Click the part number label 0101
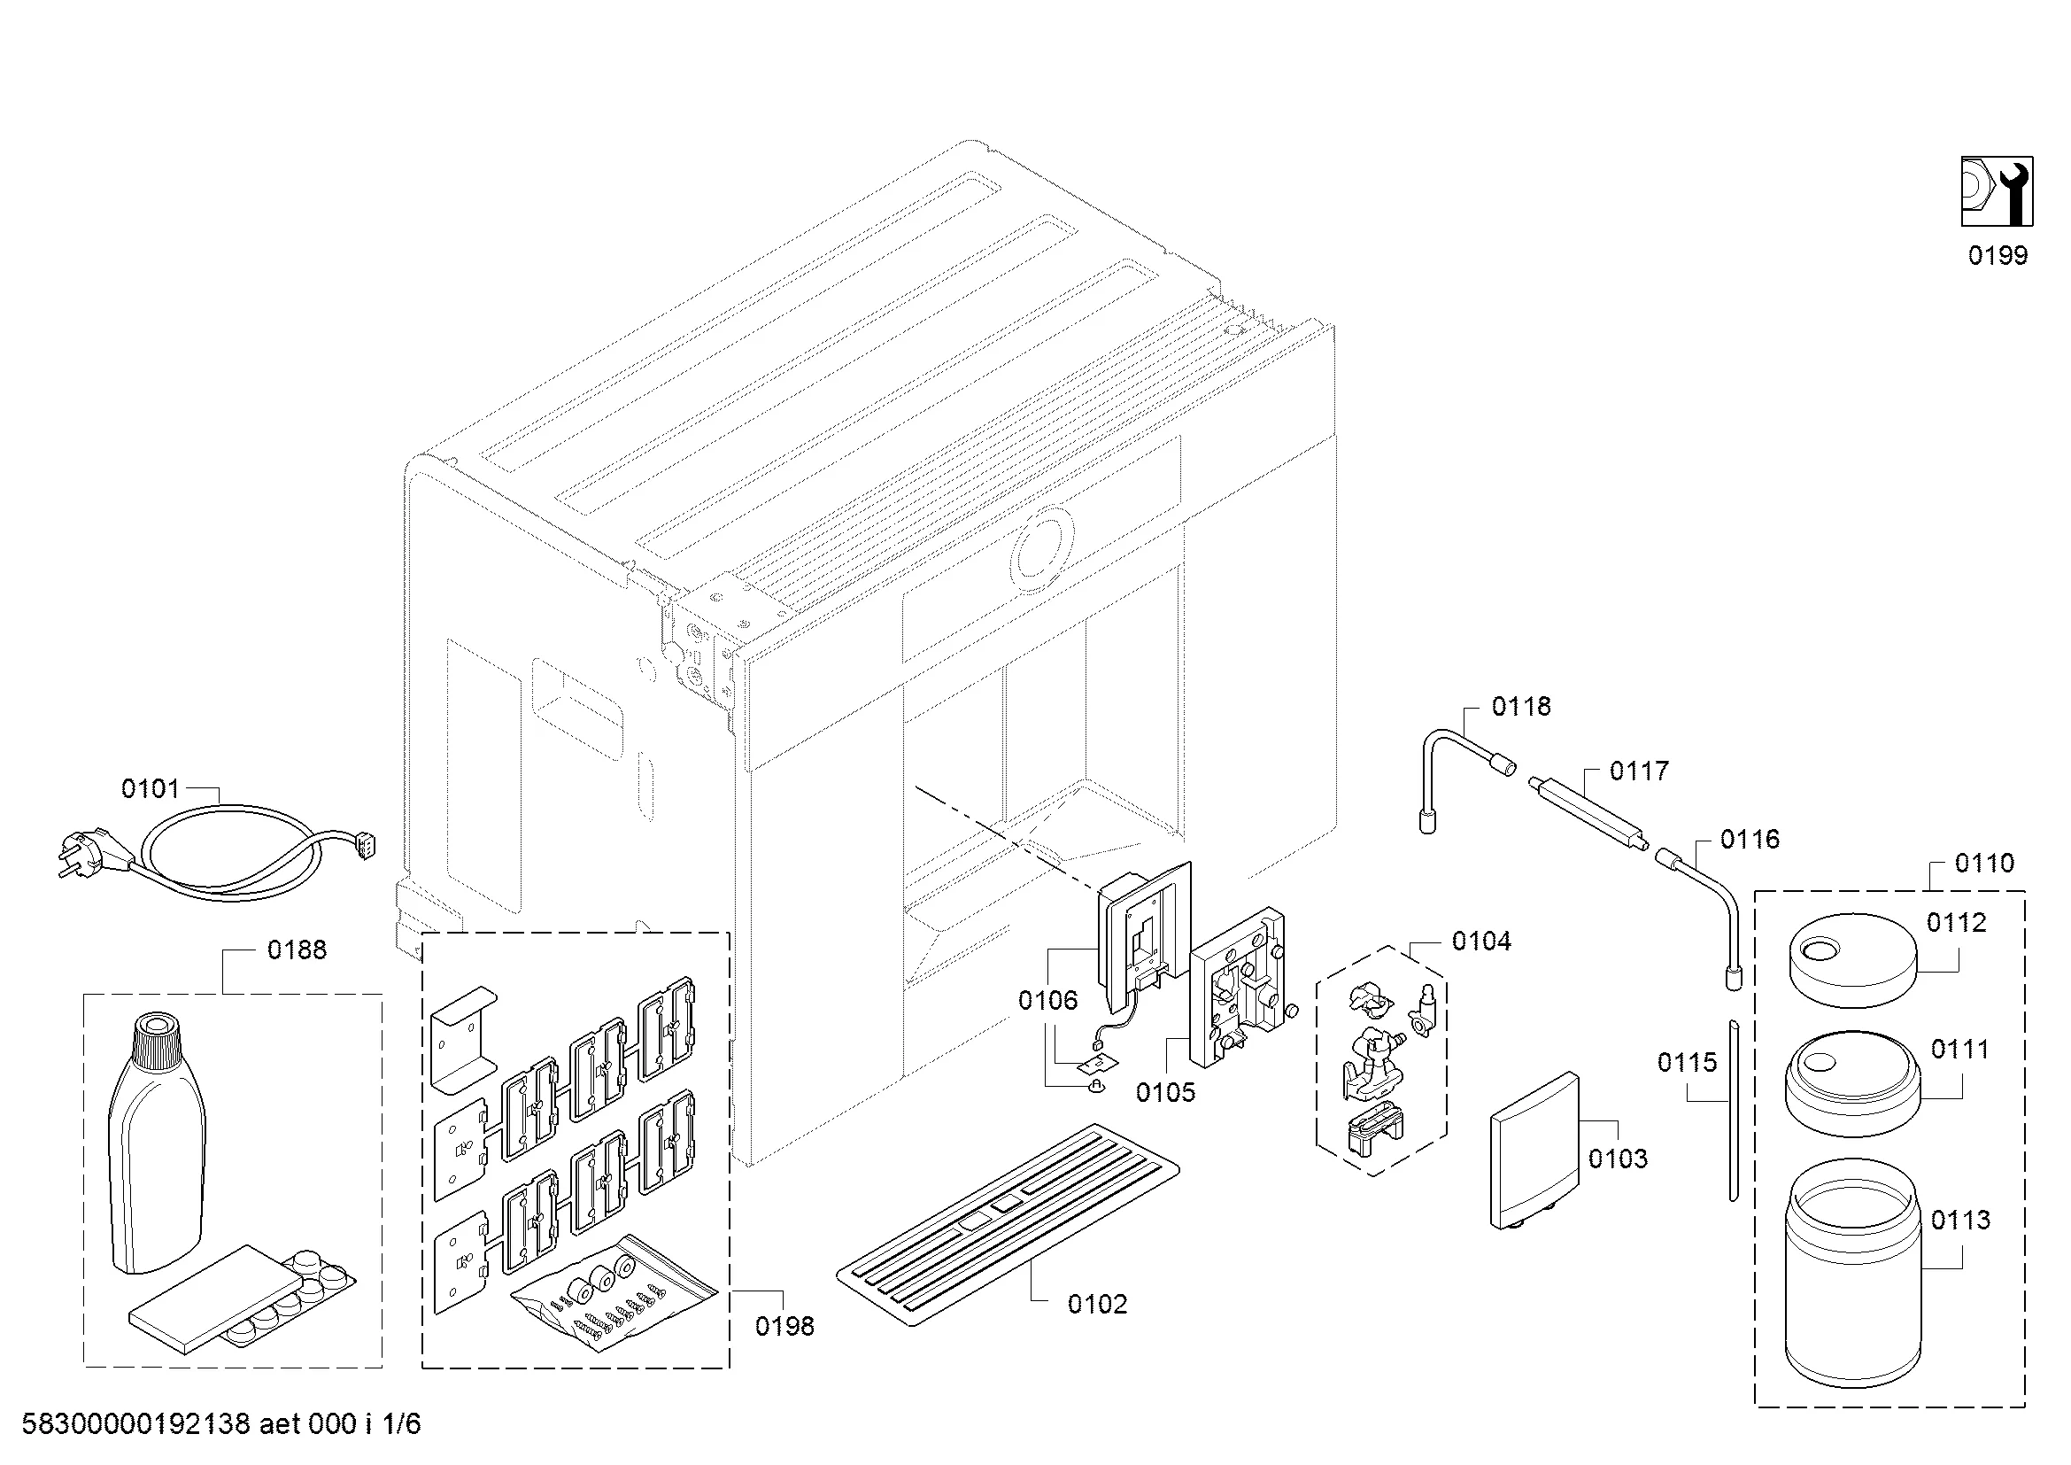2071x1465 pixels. click(x=150, y=789)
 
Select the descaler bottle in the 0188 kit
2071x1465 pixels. click(x=155, y=1145)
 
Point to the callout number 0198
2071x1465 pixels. click(x=784, y=1326)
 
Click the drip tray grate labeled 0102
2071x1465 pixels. click(x=1007, y=1223)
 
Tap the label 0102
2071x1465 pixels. click(x=1097, y=1305)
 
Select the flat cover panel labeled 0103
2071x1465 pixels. click(x=1534, y=1151)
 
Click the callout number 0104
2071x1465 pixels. click(x=1481, y=942)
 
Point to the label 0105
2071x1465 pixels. click(x=1165, y=1092)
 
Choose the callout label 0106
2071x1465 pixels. click(x=1047, y=999)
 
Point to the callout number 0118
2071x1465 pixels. click(x=1521, y=706)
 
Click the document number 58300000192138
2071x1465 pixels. click(x=135, y=1424)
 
